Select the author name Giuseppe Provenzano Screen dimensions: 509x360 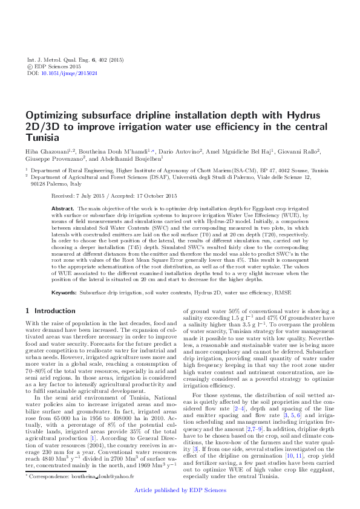pyautogui.click(x=51, y=158)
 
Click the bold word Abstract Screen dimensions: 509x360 pyautogui.click(x=64, y=207)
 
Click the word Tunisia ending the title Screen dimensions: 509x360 pyautogui.click(x=43, y=137)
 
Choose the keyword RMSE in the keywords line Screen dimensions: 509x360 pyautogui.click(x=283, y=292)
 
